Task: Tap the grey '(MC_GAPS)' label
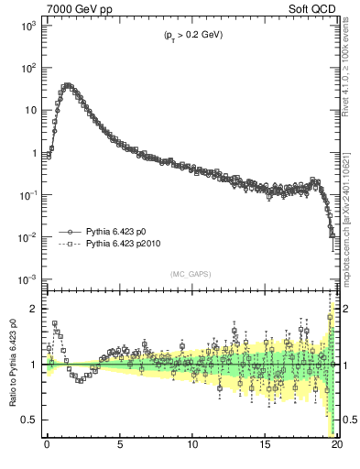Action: pyautogui.click(x=191, y=273)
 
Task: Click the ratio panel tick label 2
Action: pyautogui.click(x=35, y=309)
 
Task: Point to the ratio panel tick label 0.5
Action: pyautogui.click(x=31, y=420)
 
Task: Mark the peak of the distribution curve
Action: pyautogui.click(x=68, y=86)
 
